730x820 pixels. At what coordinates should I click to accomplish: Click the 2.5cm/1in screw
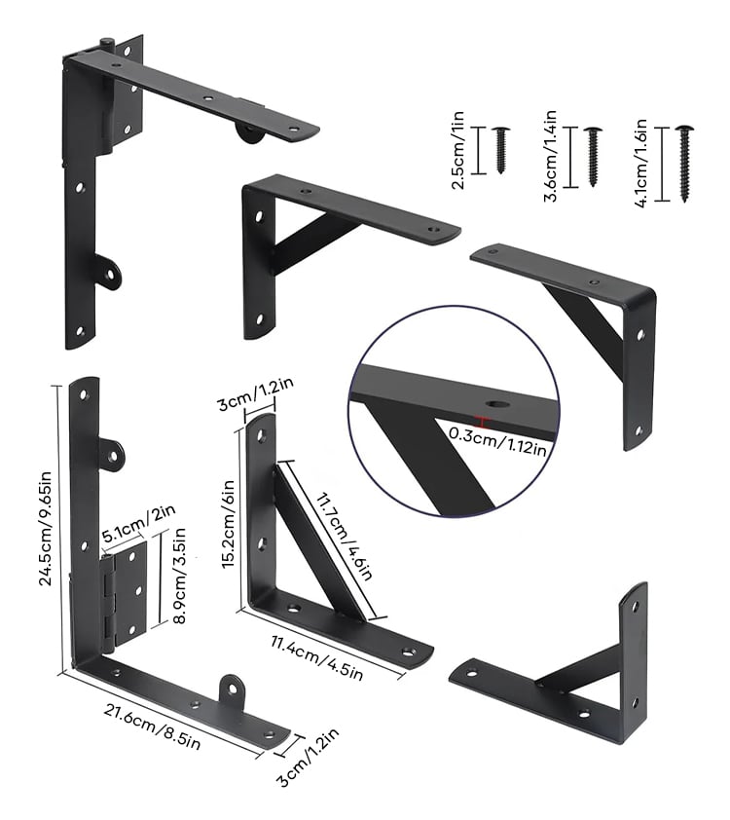(501, 150)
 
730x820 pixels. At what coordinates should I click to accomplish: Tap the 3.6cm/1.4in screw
(593, 157)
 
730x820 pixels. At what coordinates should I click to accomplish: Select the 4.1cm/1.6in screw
(684, 164)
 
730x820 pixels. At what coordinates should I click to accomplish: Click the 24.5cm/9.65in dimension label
(46, 528)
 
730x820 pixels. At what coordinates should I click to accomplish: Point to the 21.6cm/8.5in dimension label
(152, 727)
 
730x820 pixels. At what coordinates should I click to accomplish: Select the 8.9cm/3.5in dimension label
(179, 576)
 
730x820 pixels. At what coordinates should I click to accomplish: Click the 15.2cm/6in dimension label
(229, 525)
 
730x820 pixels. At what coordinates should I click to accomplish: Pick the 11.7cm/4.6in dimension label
(344, 535)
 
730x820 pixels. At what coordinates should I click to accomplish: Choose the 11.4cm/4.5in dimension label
(316, 657)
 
